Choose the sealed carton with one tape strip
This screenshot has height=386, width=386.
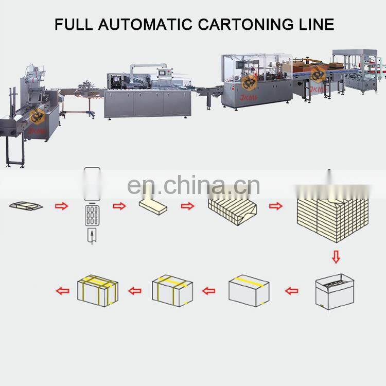249,291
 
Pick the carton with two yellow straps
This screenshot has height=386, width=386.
172,291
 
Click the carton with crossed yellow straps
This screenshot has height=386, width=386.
98,290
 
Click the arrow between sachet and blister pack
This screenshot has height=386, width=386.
61,206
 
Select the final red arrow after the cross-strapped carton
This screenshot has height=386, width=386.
62,291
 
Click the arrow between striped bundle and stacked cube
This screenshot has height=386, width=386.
276,206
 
